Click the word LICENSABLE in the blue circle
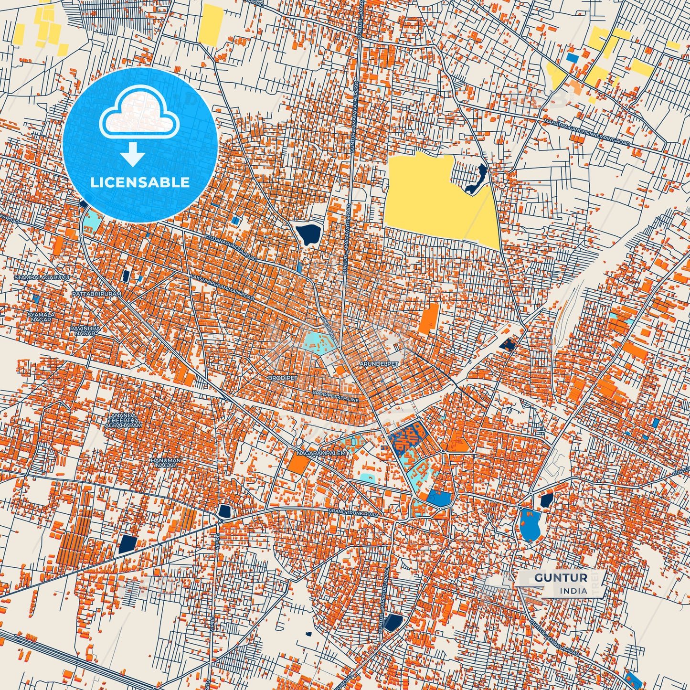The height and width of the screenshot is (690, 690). click(140, 182)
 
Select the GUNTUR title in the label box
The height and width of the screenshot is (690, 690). click(561, 578)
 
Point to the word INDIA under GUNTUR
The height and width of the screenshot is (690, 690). click(573, 591)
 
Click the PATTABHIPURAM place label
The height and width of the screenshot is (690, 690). click(96, 294)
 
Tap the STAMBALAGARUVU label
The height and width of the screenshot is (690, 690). click(42, 277)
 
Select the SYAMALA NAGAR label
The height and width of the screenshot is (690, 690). click(41, 318)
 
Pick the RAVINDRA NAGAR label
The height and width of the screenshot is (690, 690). click(85, 331)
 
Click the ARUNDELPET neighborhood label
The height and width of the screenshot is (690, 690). click(378, 364)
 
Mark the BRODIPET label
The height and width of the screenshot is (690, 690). click(282, 377)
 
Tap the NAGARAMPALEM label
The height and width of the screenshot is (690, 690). click(321, 452)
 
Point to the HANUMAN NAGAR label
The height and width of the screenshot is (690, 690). click(166, 462)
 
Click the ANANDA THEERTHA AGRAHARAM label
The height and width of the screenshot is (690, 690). click(126, 420)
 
